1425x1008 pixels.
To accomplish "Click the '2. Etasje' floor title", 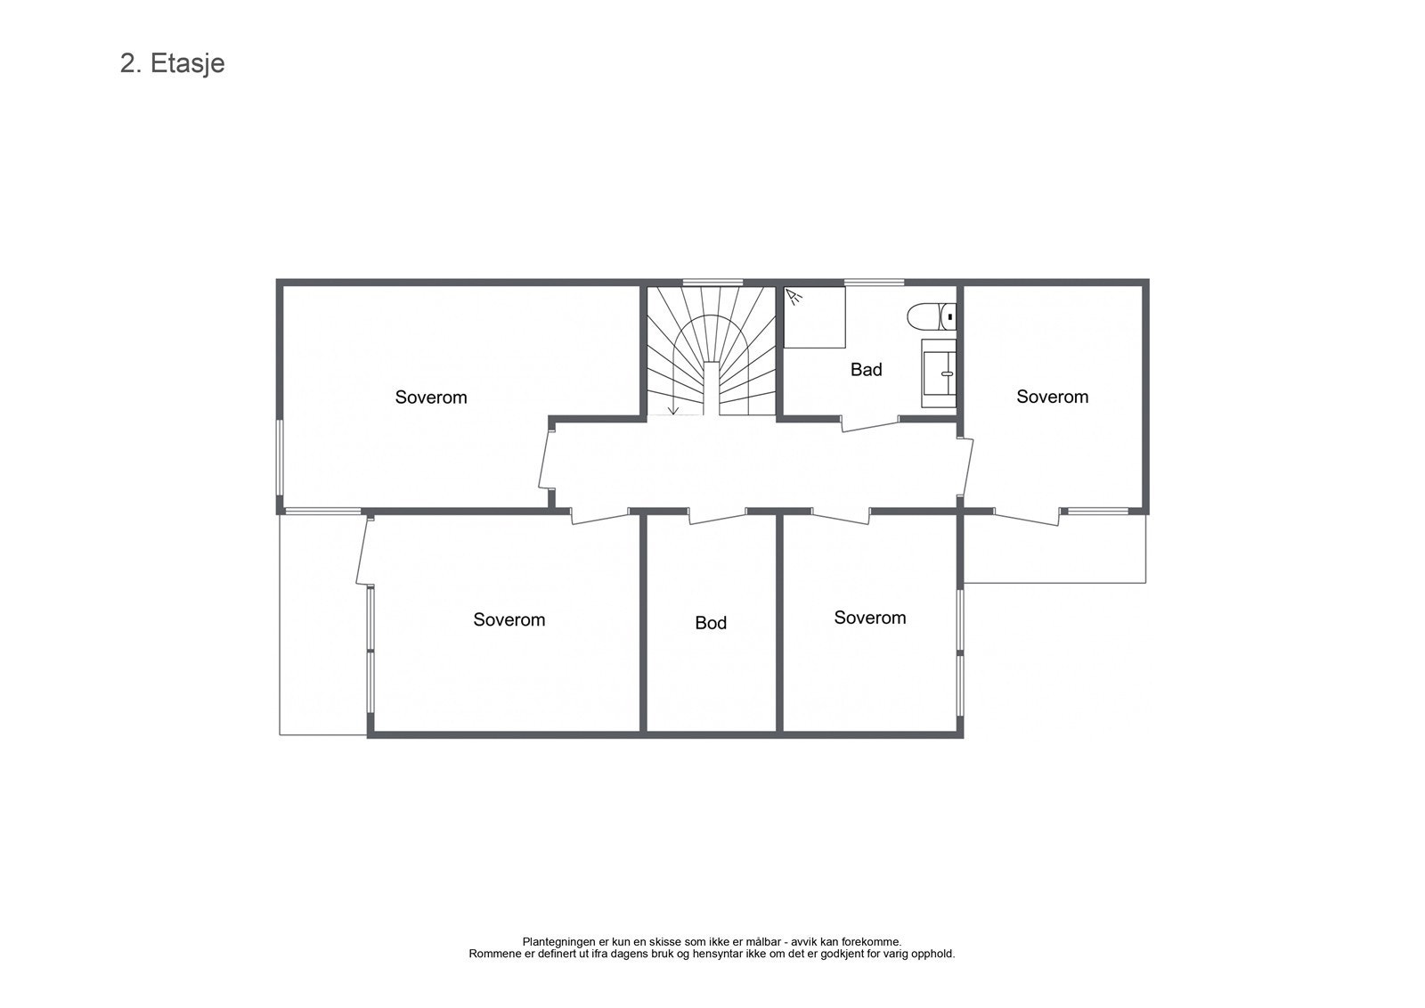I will click(x=172, y=64).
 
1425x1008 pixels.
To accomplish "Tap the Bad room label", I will click(x=866, y=370).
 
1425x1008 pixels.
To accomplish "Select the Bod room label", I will click(x=711, y=623).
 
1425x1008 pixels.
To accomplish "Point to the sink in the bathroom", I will click(x=939, y=373).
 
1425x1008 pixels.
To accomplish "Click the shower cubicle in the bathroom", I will click(x=814, y=317).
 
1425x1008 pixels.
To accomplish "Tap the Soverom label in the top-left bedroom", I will click(x=431, y=397).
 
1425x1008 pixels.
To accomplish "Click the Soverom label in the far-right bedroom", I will click(x=1052, y=397).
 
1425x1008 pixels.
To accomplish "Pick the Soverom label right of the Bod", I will click(x=869, y=618).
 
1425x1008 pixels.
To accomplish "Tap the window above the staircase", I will click(x=712, y=283).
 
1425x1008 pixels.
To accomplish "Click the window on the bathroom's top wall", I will click(x=874, y=283).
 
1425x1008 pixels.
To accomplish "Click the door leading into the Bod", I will click(x=717, y=515).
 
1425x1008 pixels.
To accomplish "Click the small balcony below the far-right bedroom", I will click(x=1054, y=548).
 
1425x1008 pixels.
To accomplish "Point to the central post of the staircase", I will click(x=712, y=389).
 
